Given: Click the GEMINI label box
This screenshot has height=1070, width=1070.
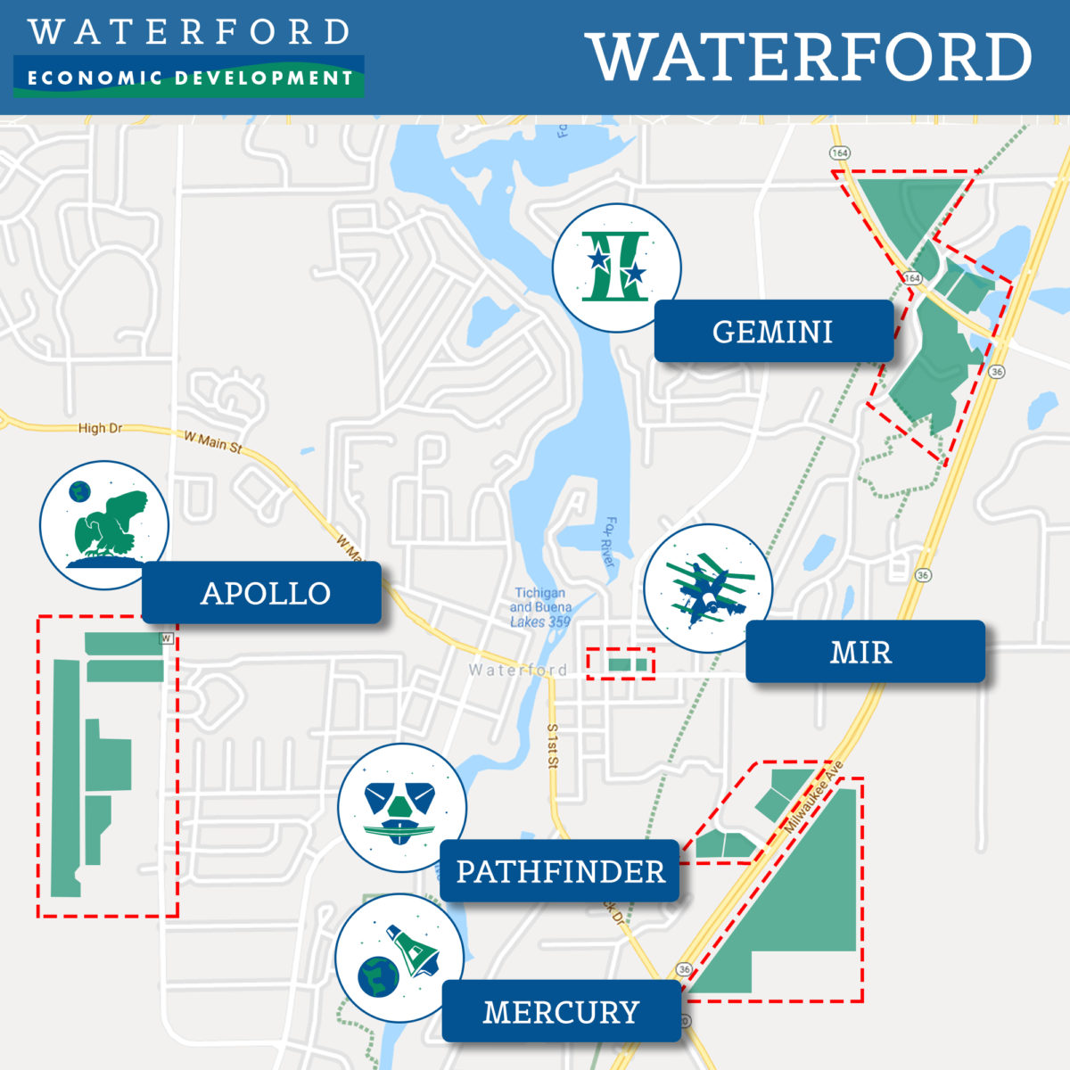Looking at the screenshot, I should [x=773, y=332].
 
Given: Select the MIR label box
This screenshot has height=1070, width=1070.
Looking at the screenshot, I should [x=860, y=652].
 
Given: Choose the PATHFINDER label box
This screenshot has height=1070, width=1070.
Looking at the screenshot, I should [x=560, y=871].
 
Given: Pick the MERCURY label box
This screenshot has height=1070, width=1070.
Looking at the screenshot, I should [x=561, y=1012].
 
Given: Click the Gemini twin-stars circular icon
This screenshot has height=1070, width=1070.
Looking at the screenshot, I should [x=616, y=267].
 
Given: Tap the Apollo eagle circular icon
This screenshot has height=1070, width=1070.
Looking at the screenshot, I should [x=104, y=525].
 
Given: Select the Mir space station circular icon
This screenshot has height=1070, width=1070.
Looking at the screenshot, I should [x=708, y=588].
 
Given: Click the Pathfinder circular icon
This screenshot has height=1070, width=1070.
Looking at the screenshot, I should [x=402, y=808].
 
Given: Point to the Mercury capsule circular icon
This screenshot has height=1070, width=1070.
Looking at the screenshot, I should [x=399, y=959].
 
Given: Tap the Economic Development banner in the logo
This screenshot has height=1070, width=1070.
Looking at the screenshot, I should [x=189, y=78].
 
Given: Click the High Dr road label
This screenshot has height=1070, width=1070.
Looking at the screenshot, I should [x=100, y=428].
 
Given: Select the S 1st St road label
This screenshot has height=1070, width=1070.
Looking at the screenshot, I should [x=553, y=746].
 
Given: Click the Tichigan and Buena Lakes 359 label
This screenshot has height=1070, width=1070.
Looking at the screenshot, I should [x=539, y=607].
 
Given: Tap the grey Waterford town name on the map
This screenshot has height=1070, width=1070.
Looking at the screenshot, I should [x=517, y=670].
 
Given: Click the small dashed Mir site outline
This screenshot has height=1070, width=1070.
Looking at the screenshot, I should [x=621, y=664].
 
